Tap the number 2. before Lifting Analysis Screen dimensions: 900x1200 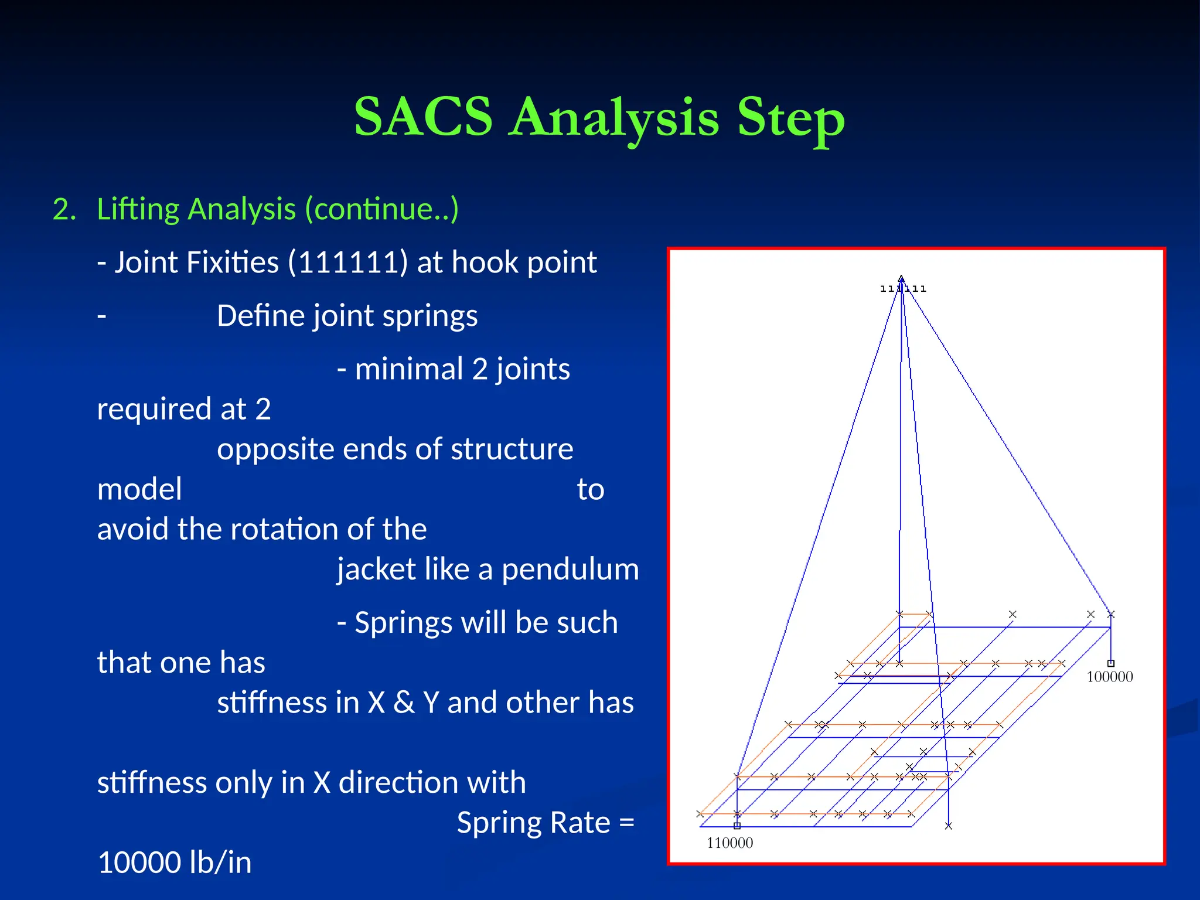64,210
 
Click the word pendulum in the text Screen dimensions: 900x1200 570,570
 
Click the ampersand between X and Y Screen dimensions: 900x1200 404,703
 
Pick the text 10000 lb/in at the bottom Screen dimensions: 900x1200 175,863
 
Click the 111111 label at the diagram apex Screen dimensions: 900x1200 903,289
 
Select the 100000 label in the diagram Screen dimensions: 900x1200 1109,677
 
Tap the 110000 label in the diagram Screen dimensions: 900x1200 729,843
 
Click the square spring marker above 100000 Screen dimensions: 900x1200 1110,663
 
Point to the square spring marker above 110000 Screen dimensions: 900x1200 737,826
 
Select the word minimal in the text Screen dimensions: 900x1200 408,370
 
